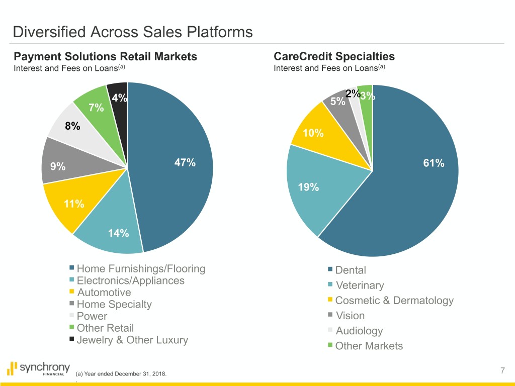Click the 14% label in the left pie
click(x=119, y=233)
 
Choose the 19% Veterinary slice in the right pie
click(x=308, y=187)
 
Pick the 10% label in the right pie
click(x=313, y=133)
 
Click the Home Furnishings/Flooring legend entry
click(x=141, y=269)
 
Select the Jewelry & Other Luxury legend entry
click(x=132, y=340)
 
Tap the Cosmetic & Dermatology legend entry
click(x=394, y=301)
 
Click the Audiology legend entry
click(x=359, y=331)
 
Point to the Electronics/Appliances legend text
click(x=130, y=280)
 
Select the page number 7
click(x=503, y=371)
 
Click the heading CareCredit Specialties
click(x=334, y=56)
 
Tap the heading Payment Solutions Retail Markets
click(x=105, y=56)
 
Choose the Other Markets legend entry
click(x=369, y=346)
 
